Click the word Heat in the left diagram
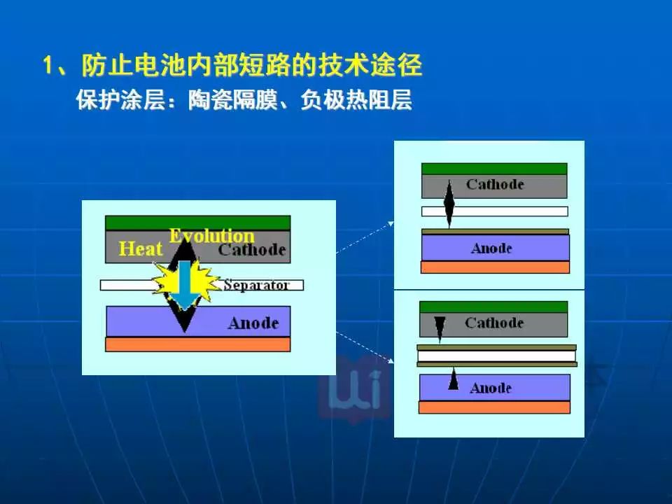point(141,248)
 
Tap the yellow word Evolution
point(211,236)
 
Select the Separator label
point(256,285)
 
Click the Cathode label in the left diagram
point(252,249)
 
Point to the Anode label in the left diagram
point(253,323)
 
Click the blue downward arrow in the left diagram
point(184,285)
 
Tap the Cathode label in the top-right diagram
point(495,184)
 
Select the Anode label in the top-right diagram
point(491,248)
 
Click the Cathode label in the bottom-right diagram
point(494,323)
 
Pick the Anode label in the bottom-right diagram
point(491,388)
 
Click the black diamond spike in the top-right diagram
point(449,204)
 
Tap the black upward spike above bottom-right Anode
point(453,379)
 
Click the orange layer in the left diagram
point(197,344)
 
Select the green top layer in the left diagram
point(197,223)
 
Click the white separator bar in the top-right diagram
point(495,211)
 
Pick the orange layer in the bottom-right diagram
point(494,407)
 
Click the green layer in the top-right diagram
point(494,169)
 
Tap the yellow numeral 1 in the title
point(48,66)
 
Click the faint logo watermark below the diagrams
point(354,388)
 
